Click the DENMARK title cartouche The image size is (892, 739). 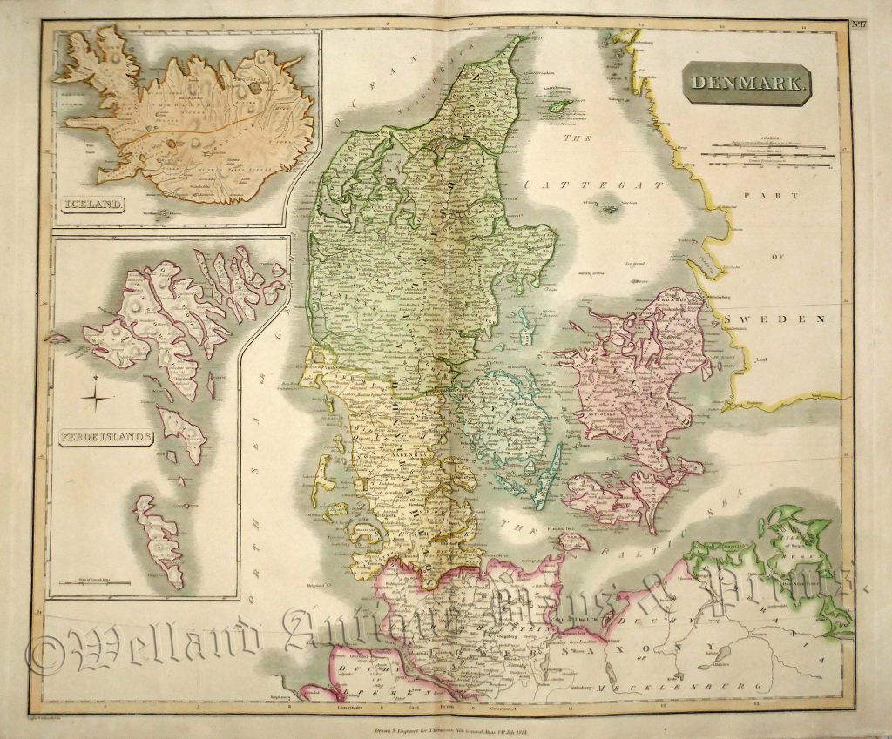point(747,84)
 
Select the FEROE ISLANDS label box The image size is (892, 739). point(103,436)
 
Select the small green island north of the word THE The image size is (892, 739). point(557,105)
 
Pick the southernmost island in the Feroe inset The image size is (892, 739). point(159,541)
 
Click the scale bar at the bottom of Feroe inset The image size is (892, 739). point(99,580)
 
